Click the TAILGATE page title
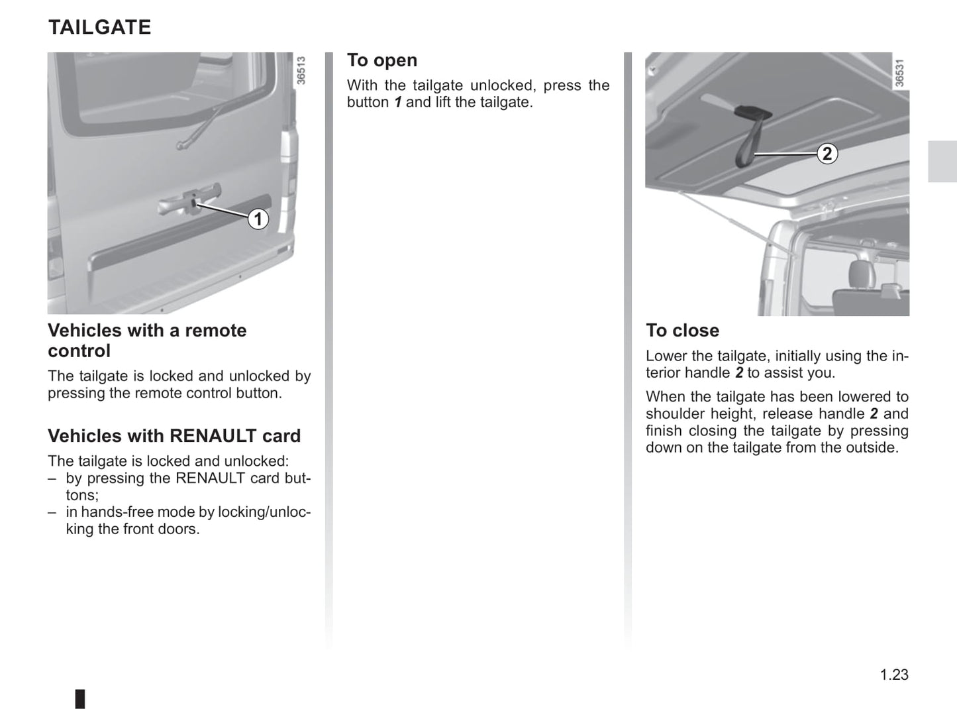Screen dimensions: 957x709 (x=99, y=27)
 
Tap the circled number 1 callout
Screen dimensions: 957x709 (x=258, y=219)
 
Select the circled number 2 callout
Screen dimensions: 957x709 (x=827, y=154)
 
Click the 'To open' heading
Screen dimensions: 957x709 (x=382, y=60)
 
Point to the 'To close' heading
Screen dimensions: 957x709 (x=683, y=331)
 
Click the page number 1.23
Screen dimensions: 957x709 (x=894, y=674)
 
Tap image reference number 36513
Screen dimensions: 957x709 (x=301, y=70)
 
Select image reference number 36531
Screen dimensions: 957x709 (x=899, y=73)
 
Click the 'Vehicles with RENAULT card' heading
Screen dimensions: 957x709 (x=174, y=436)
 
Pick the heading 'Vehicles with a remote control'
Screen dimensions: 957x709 (x=147, y=340)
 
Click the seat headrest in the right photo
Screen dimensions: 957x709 (x=860, y=275)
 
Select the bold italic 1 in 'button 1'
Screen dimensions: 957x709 (x=398, y=102)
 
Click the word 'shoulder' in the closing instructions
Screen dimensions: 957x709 (x=674, y=413)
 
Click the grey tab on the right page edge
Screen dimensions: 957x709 (x=942, y=162)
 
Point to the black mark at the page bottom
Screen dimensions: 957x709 (x=80, y=699)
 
